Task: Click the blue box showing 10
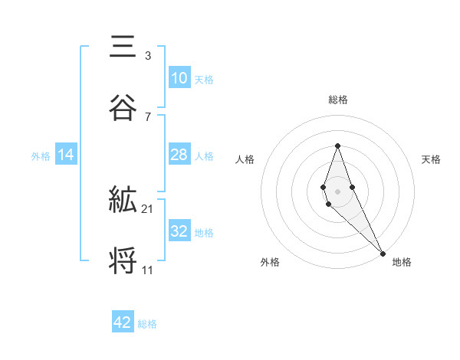179,78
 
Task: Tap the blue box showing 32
179,232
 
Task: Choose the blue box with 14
66,155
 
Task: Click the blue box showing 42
123,322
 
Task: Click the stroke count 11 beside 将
148,270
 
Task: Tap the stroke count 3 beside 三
148,56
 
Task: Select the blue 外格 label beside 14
41,156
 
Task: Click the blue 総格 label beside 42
147,323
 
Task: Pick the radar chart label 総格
337,100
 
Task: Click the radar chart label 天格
431,159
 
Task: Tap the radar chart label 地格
402,262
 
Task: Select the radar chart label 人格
245,159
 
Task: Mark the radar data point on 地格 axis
383,251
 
